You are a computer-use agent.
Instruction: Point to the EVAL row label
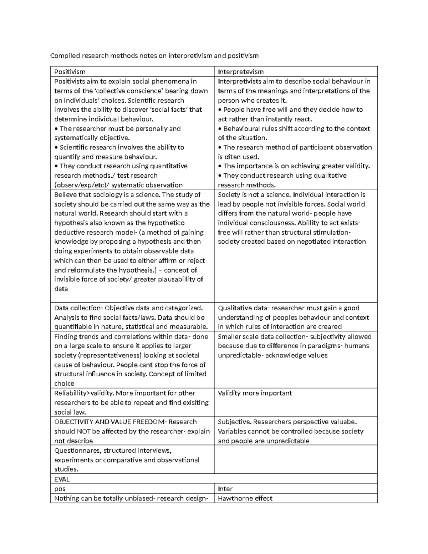[62, 479]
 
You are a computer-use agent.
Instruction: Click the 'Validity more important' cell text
[255, 393]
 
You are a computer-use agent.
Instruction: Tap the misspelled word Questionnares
[77, 451]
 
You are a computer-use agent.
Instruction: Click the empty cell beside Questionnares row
[295, 459]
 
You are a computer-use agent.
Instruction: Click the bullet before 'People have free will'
[220, 110]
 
